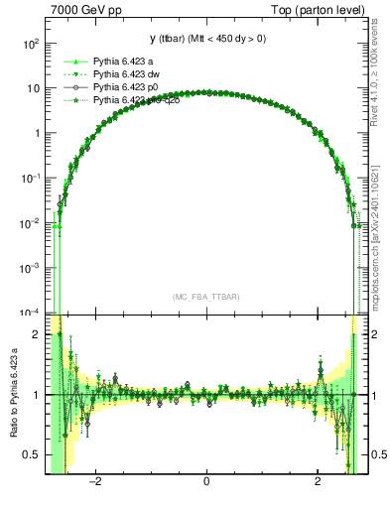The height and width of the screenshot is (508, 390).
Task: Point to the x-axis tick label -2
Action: coord(95,483)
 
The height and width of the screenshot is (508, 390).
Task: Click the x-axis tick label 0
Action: coord(205,483)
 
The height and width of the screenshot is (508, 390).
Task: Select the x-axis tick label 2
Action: coord(317,483)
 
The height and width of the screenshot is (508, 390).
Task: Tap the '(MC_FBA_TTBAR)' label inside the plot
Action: coord(206,297)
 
